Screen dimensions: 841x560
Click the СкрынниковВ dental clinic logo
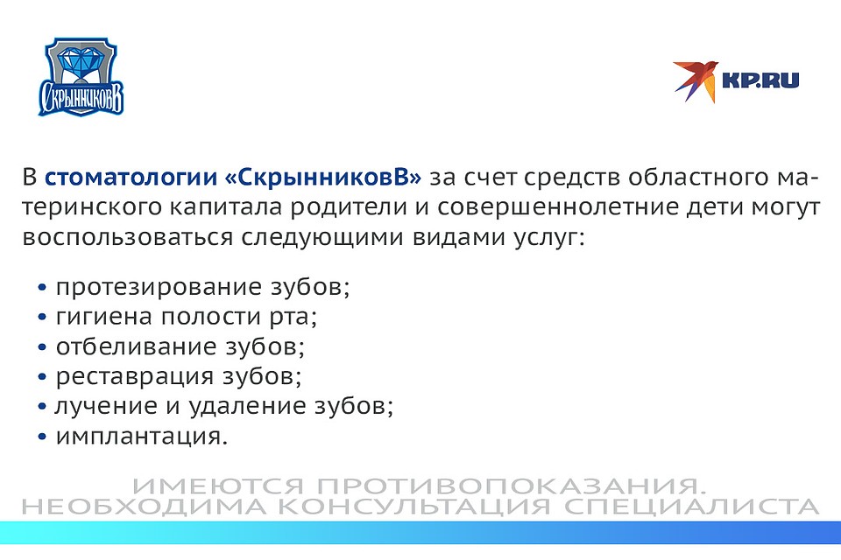(x=81, y=77)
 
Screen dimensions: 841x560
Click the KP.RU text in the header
(x=760, y=80)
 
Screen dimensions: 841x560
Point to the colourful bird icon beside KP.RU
(x=696, y=80)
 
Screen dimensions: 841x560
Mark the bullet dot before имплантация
(x=42, y=437)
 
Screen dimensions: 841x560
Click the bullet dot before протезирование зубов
(x=42, y=288)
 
